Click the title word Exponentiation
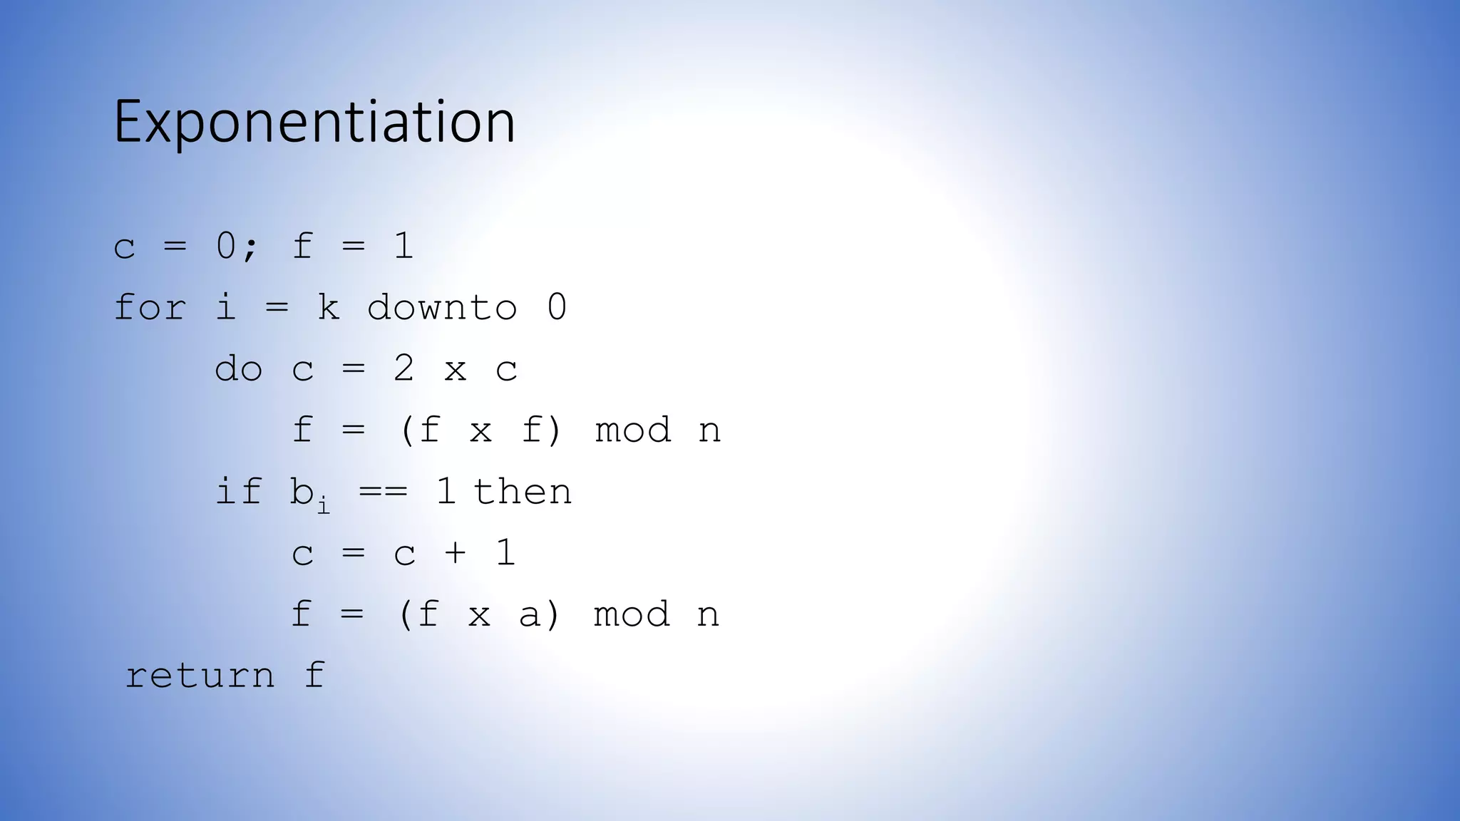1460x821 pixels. coord(314,122)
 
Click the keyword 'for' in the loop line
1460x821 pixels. coord(150,307)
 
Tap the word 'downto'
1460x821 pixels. coord(442,307)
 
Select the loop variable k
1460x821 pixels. coord(328,307)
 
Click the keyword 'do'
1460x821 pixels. coord(238,369)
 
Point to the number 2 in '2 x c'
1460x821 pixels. coord(403,369)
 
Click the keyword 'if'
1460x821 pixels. coord(238,492)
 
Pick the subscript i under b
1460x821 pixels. coord(324,505)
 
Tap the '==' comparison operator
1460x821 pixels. coord(384,492)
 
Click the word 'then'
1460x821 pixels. coord(523,492)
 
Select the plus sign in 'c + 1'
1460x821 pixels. coord(455,553)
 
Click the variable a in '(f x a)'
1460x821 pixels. coord(530,614)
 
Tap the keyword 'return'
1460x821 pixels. coord(200,676)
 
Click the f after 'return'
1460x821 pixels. coord(314,676)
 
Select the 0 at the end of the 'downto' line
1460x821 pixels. coord(557,307)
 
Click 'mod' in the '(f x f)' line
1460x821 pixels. coord(633,430)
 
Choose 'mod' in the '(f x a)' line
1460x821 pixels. coord(632,614)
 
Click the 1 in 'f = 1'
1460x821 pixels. coord(403,246)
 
